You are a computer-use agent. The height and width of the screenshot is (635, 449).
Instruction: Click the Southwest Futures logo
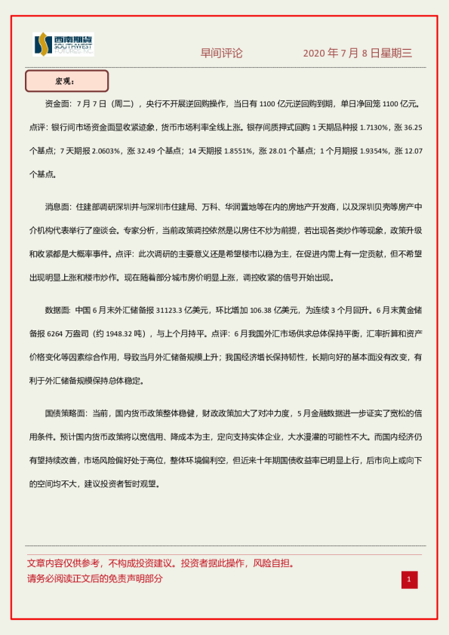(63, 44)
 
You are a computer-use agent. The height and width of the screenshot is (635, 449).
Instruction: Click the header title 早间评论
(221, 54)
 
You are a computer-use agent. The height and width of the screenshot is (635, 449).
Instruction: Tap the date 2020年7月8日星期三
(357, 54)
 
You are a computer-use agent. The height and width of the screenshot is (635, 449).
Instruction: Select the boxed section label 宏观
(66, 81)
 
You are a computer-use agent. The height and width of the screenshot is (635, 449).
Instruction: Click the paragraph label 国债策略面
(66, 413)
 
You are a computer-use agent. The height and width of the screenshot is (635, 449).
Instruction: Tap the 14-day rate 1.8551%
(235, 151)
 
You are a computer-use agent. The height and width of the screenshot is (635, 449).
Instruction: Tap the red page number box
(409, 579)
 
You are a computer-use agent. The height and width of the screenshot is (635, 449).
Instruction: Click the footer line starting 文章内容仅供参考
(160, 563)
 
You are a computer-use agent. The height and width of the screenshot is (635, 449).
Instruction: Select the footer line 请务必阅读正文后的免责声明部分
(95, 579)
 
